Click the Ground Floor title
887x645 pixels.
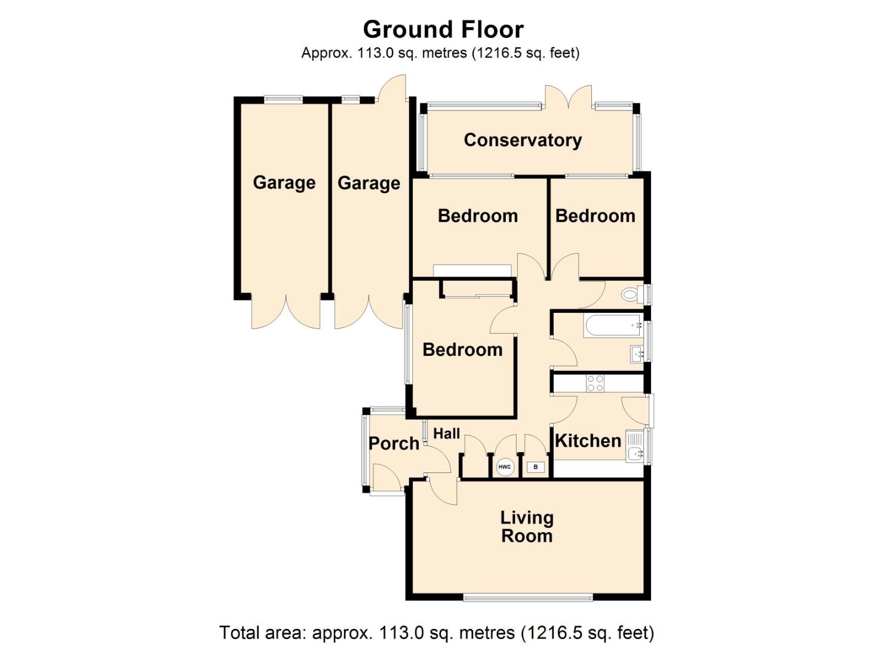point(443,29)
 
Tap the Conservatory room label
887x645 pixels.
point(523,140)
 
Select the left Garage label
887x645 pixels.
point(284,182)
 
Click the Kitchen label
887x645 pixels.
point(588,441)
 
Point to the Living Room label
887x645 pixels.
point(526,527)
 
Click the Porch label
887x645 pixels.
point(394,443)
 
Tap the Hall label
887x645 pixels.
point(446,434)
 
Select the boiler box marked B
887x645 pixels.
point(536,467)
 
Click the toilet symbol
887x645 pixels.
point(630,294)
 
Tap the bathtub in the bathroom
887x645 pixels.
point(612,326)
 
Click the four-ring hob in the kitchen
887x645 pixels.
point(595,383)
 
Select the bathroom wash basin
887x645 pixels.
point(637,354)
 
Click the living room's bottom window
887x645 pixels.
point(528,597)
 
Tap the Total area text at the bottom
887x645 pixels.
point(437,632)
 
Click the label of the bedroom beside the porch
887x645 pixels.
point(462,349)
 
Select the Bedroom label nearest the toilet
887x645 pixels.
point(595,216)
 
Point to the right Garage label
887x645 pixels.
point(369,183)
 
